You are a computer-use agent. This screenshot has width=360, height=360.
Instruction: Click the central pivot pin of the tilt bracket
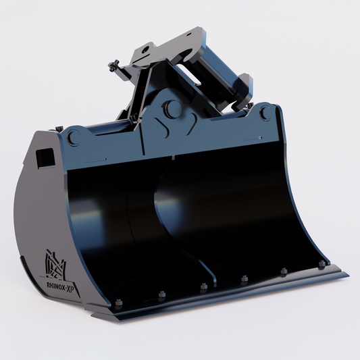[173, 108]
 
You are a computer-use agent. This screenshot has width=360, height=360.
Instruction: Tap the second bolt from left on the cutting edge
[161, 294]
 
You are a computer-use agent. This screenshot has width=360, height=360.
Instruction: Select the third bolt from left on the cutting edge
[203, 286]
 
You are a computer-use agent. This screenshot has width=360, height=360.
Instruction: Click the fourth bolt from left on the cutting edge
[243, 278]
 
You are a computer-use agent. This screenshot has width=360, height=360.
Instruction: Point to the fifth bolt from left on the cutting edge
[284, 271]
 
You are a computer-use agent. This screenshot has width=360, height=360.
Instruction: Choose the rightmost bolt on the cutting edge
[322, 263]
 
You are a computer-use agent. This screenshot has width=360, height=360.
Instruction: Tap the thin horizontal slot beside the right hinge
[251, 136]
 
